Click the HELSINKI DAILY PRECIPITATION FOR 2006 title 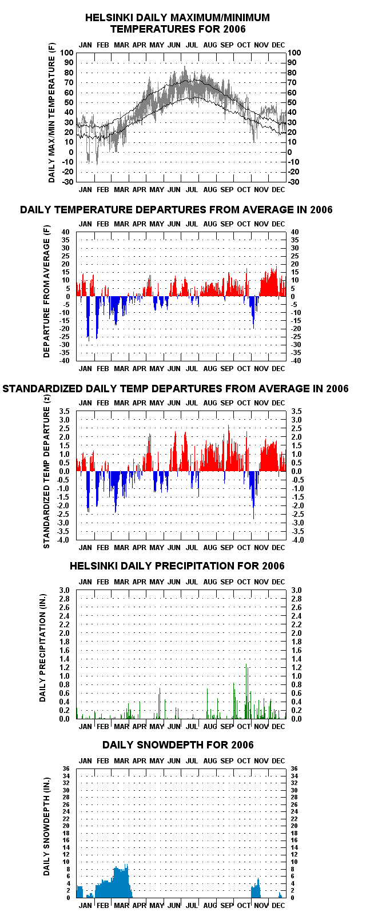(x=177, y=565)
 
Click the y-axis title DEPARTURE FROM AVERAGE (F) (x=46, y=291)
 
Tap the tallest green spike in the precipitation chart (x=246, y=691)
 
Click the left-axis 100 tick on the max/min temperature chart (x=67, y=53)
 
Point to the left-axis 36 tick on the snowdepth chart (x=66, y=769)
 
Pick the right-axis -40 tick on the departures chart (x=296, y=361)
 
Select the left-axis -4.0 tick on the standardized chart (x=65, y=540)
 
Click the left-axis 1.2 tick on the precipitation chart (x=65, y=667)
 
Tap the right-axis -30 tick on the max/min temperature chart (x=293, y=182)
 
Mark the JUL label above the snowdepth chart (x=192, y=760)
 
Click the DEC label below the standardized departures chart (x=279, y=547)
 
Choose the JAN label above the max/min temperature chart (x=85, y=45)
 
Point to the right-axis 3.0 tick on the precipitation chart (x=296, y=590)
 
